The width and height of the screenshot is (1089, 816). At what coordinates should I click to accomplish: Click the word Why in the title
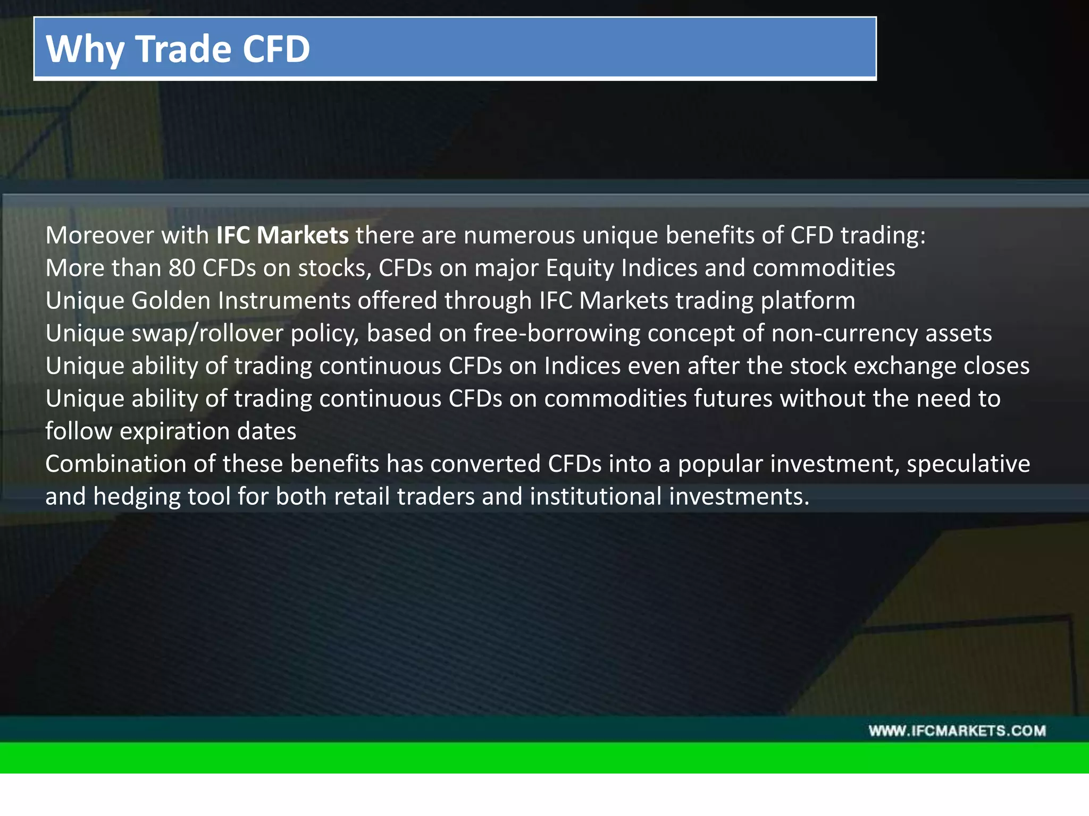click(85, 49)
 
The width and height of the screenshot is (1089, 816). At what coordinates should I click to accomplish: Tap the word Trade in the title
click(184, 49)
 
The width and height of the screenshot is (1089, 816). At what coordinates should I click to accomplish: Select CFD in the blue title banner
click(276, 49)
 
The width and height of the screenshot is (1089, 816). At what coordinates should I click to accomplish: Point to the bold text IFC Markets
click(282, 235)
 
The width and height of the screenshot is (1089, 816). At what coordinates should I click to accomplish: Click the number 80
click(182, 268)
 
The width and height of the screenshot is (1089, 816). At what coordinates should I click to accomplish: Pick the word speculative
click(968, 464)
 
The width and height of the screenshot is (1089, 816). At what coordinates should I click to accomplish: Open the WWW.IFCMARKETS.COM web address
click(957, 731)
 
